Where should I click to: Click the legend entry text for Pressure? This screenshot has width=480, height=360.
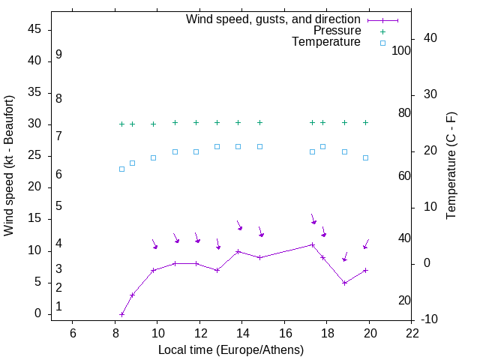337,31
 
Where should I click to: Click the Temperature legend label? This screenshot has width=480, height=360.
326,42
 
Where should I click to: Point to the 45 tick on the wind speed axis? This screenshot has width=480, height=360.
34,29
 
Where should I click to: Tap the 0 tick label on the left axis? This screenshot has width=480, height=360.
38,314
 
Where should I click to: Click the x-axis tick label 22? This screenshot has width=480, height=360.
412,334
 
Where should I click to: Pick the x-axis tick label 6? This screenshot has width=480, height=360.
73,334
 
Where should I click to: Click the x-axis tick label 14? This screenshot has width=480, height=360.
242,334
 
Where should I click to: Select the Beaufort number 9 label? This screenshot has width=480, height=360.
58,55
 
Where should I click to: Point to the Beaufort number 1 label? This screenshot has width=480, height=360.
58,307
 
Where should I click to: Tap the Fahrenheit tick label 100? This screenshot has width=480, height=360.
402,50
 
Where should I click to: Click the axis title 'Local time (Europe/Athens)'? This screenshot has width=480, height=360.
231,349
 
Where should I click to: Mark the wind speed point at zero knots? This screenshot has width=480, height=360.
121,314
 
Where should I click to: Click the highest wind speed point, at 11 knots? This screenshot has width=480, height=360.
313,244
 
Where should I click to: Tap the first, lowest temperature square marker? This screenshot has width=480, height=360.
121,169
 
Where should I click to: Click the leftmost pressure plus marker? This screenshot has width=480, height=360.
121,124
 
